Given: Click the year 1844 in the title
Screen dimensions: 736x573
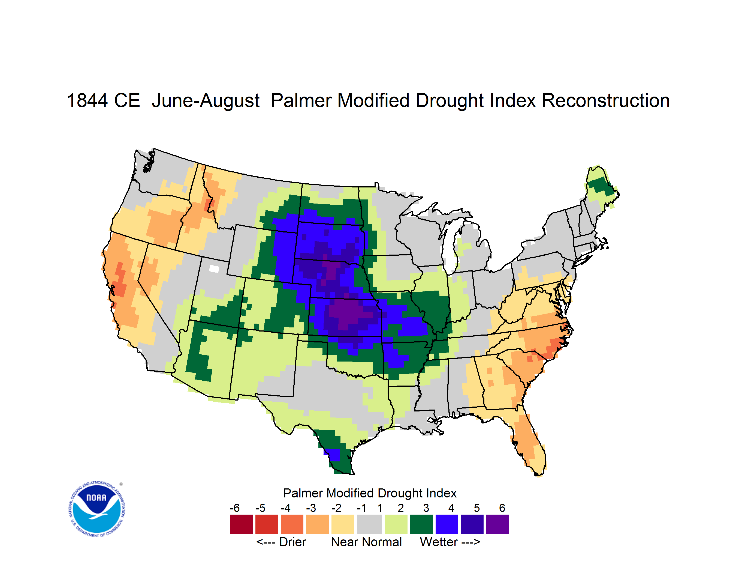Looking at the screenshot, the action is pyautogui.click(x=88, y=100).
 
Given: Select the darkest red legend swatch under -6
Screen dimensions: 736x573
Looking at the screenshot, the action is pyautogui.click(x=241, y=524).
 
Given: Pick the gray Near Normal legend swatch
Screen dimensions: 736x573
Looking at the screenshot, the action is pyautogui.click(x=369, y=524).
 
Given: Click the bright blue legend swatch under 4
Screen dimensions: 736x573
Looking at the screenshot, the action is pyautogui.click(x=447, y=524).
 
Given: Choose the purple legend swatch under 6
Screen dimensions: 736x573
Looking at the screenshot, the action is pyautogui.click(x=497, y=524).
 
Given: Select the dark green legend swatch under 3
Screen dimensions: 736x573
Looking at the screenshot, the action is pyautogui.click(x=422, y=524).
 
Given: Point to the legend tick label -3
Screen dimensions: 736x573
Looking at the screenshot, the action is pyautogui.click(x=311, y=508).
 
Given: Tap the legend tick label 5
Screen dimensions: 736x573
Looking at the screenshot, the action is pyautogui.click(x=477, y=508).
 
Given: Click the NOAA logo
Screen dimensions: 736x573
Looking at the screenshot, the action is pyautogui.click(x=97, y=509).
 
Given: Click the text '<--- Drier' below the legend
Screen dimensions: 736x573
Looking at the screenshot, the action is pyautogui.click(x=281, y=542).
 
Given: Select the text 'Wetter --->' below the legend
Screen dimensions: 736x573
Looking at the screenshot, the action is pyautogui.click(x=450, y=542).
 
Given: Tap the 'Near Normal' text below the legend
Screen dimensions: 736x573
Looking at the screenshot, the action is pyautogui.click(x=366, y=542).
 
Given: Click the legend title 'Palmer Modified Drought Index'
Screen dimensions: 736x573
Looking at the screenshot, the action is pyautogui.click(x=370, y=493).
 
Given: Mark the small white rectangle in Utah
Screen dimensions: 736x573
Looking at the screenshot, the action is pyautogui.click(x=214, y=269).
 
